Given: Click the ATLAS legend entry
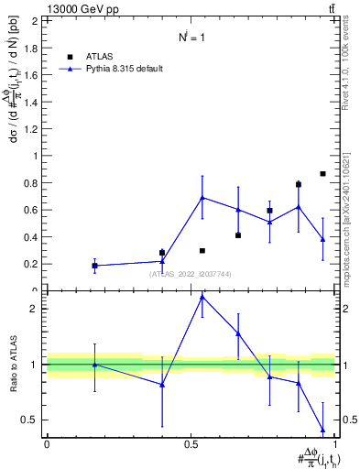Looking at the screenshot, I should [101, 55].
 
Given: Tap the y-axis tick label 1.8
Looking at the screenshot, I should [33, 48].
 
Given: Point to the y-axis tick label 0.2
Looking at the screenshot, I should [33, 264].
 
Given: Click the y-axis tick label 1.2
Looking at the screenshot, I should [33, 129].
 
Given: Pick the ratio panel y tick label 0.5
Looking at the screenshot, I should [33, 420].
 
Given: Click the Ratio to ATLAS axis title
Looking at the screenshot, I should [13, 365].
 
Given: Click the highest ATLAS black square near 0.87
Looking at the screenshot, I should [322, 173].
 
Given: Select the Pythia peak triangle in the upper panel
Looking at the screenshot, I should [202, 197].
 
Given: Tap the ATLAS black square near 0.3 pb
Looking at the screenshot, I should [202, 250].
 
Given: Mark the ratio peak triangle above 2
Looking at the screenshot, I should [202, 297].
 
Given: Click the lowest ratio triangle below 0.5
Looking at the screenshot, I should [322, 430].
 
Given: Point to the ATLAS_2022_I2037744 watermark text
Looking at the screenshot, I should [191, 273].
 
